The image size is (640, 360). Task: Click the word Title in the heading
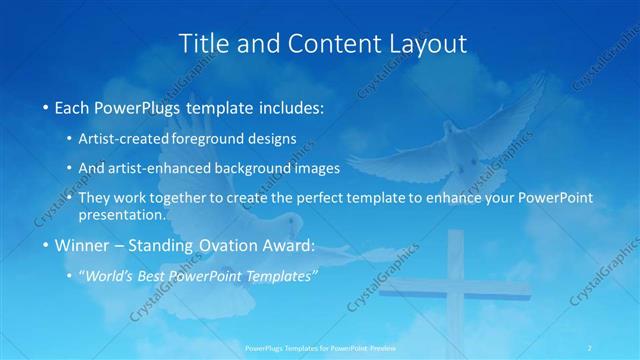tap(201, 43)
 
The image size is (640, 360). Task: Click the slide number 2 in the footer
tap(590, 347)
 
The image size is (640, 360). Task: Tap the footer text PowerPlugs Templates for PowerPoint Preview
tap(319, 347)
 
